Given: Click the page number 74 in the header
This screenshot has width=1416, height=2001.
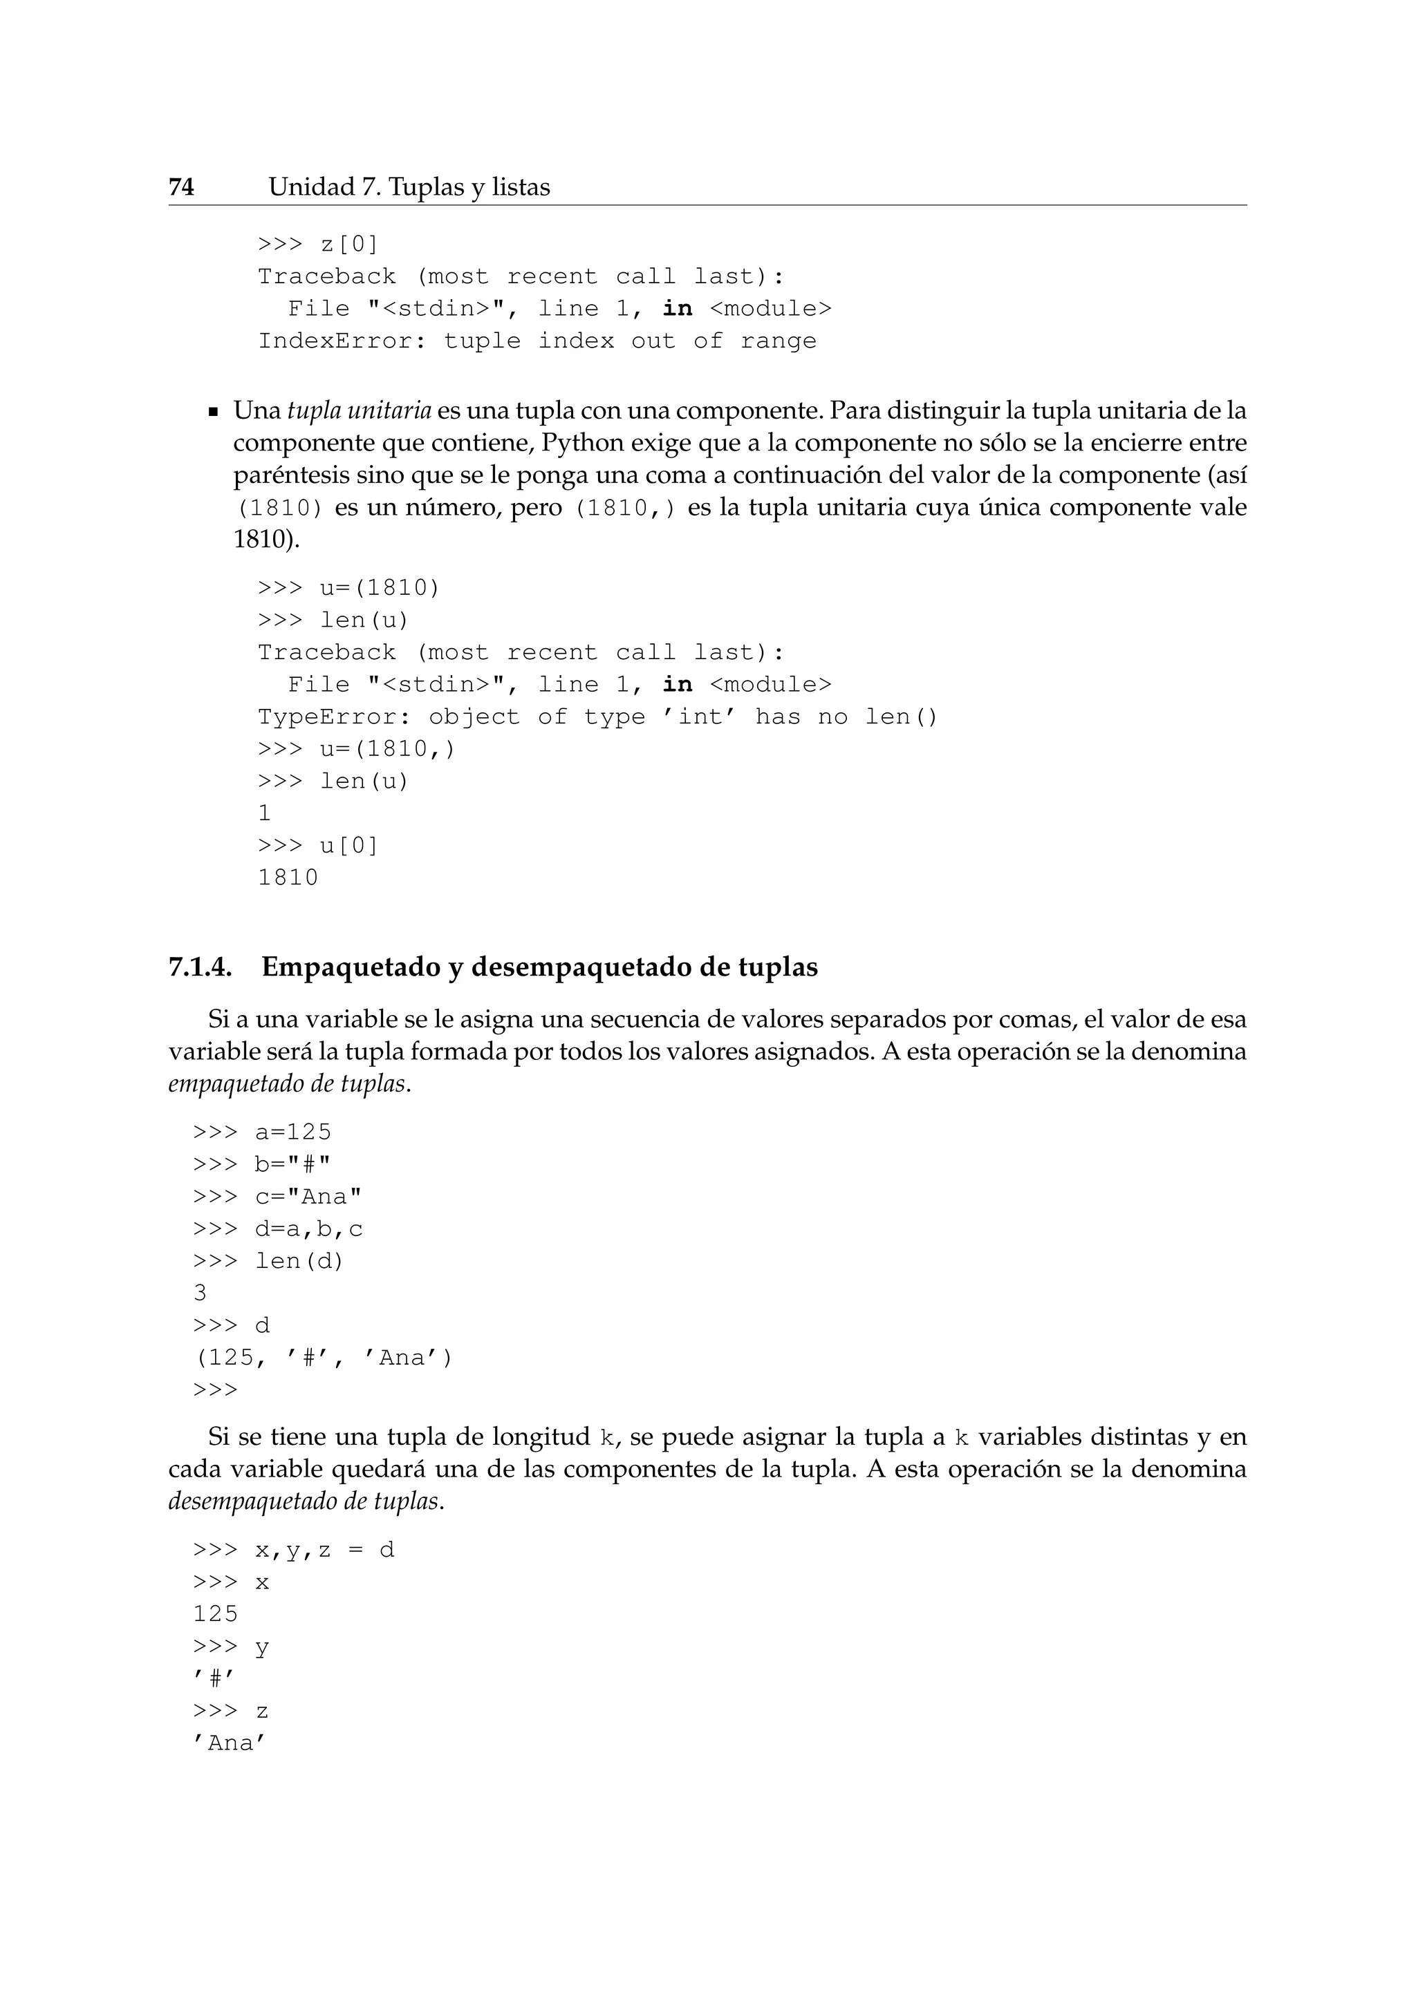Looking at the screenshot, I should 181,187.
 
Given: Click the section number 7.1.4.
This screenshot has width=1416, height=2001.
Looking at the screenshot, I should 200,967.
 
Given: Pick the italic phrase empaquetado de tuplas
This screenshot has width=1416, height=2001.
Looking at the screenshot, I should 287,1084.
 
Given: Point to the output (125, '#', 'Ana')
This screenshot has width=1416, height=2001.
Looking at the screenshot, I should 323,1358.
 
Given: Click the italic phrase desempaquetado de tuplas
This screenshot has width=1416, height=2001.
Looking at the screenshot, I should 305,1501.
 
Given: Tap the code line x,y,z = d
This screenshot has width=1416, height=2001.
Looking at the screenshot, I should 324,1550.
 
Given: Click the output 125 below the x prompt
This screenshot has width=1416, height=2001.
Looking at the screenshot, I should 215,1615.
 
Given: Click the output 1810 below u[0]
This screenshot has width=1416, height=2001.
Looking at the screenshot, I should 288,878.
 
